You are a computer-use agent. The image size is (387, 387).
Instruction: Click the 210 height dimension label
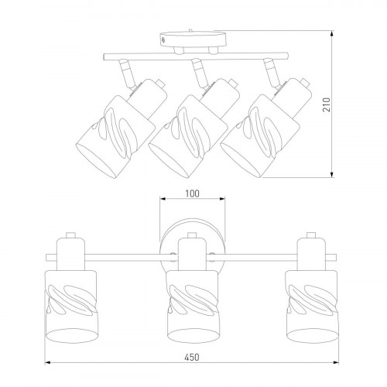327,104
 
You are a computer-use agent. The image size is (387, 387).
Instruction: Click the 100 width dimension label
193,193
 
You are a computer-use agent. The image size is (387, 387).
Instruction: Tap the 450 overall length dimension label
192,357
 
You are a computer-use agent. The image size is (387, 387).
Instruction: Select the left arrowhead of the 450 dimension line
47,363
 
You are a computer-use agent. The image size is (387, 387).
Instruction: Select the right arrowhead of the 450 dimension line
336,363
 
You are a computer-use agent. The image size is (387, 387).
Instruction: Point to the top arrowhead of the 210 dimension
332,33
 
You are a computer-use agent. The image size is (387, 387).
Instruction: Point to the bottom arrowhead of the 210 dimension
332,175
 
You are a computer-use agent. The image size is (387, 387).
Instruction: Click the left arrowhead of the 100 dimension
163,199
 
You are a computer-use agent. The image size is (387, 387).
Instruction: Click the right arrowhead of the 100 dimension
222,199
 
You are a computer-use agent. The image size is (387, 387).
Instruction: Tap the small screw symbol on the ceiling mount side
163,39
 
